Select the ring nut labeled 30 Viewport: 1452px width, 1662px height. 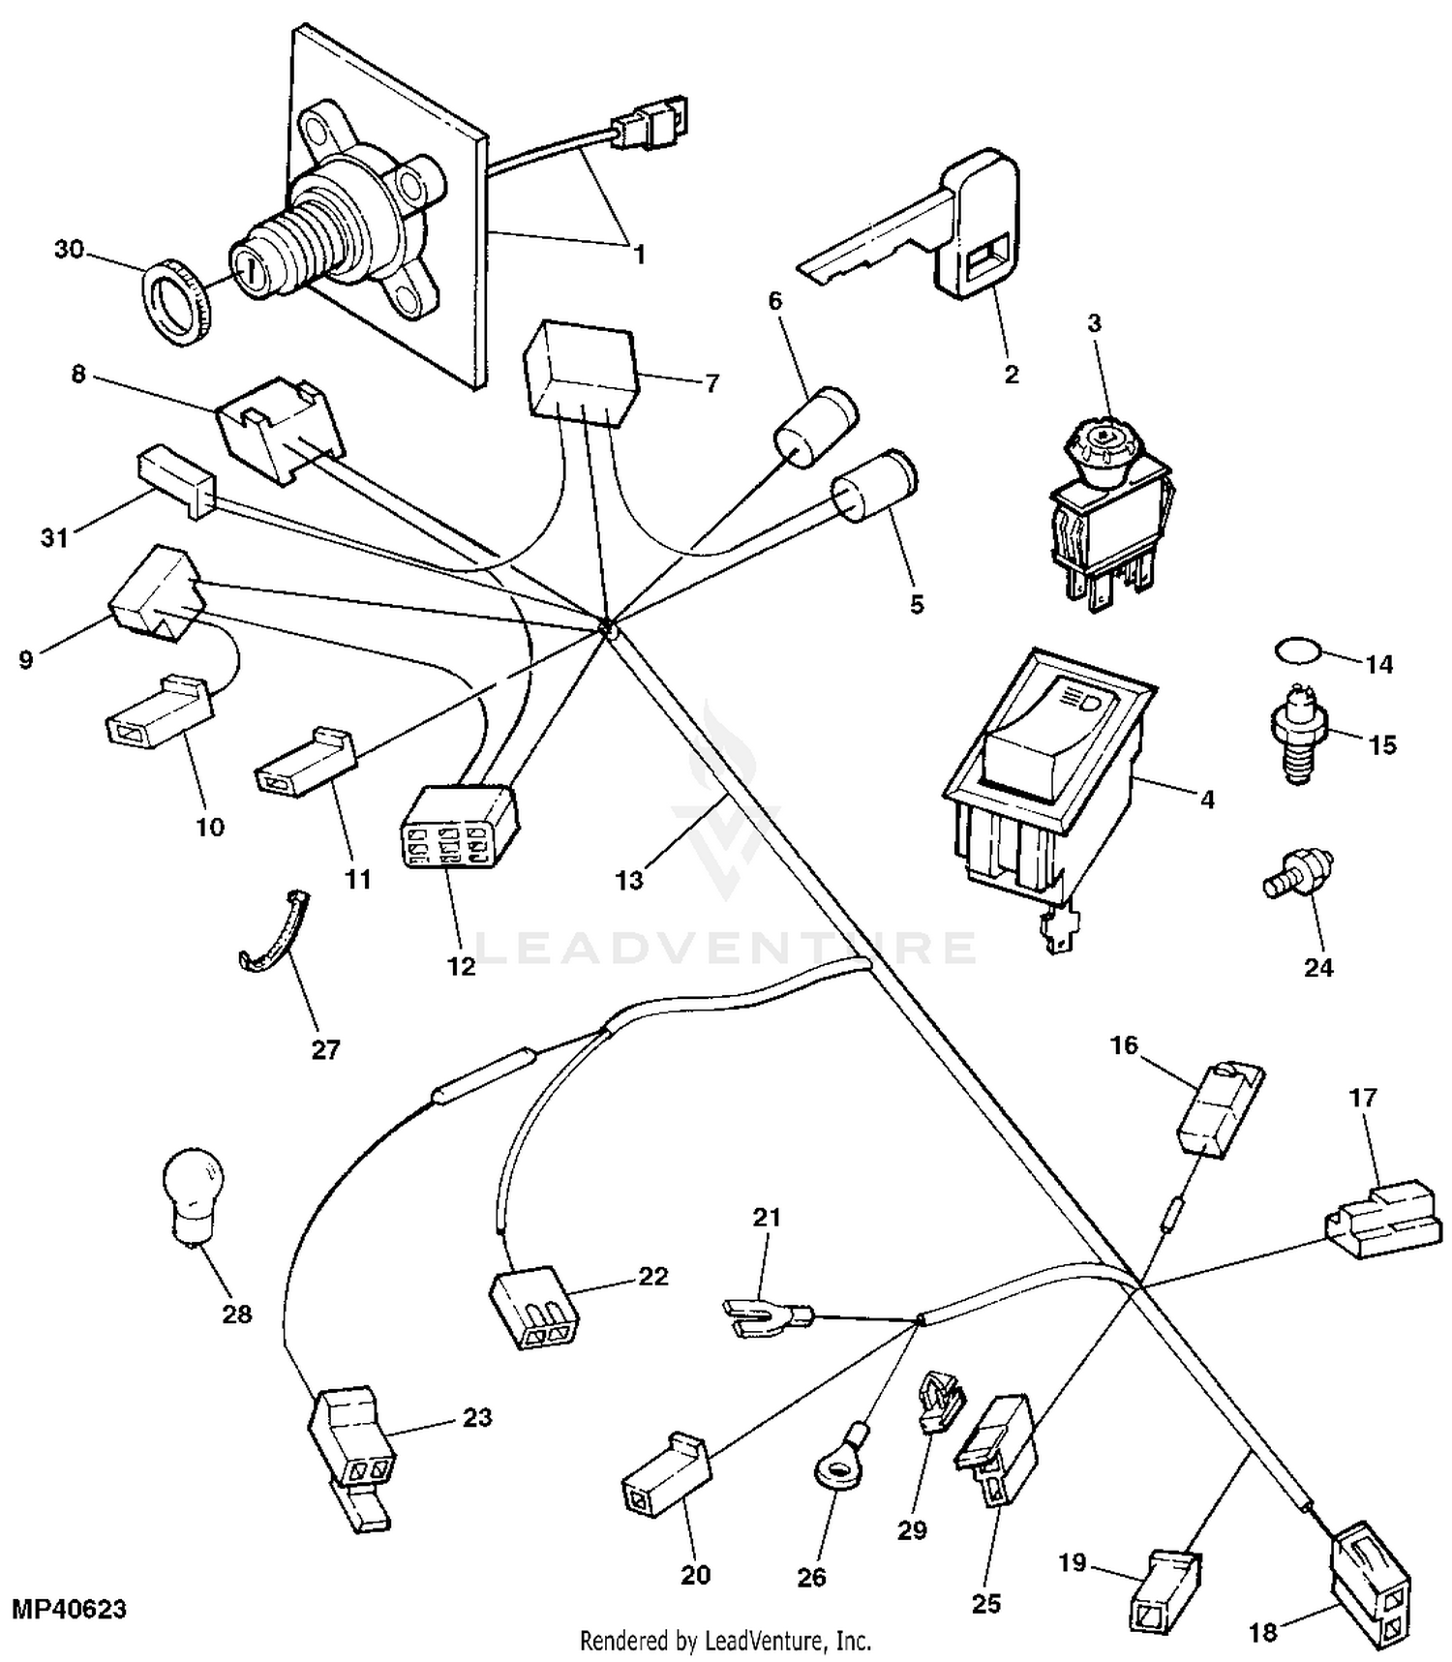point(174,302)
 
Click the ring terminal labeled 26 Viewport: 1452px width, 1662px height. point(840,1470)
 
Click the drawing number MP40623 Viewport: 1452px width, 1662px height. point(69,1609)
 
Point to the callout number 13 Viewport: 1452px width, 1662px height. point(629,880)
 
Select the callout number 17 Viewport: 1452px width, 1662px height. point(1363,1098)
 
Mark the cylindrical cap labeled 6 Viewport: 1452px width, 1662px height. point(818,427)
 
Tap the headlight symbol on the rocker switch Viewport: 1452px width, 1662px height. point(1078,698)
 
